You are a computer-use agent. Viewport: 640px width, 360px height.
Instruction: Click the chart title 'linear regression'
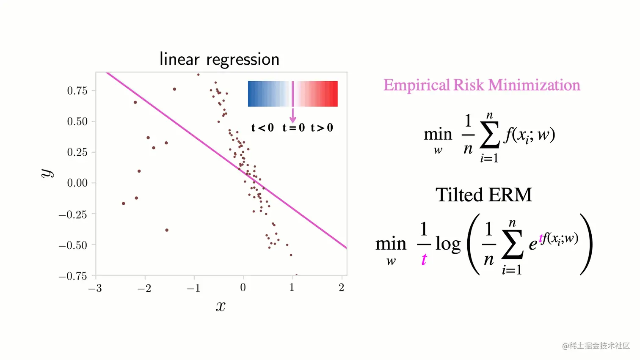pyautogui.click(x=219, y=59)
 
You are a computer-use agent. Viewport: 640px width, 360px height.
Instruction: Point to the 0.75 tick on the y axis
pyautogui.click(x=77, y=91)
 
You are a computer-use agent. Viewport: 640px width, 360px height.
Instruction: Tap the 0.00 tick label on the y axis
pyautogui.click(x=77, y=183)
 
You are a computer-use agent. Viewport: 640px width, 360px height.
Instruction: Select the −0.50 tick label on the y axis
pyautogui.click(x=73, y=245)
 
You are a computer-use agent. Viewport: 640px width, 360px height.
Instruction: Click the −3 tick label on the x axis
pyautogui.click(x=95, y=288)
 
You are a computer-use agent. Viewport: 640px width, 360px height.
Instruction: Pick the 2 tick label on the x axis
pyautogui.click(x=342, y=288)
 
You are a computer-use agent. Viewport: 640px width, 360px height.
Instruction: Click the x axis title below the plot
pyautogui.click(x=221, y=306)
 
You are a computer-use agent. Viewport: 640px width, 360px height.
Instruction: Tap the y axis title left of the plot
pyautogui.click(x=47, y=173)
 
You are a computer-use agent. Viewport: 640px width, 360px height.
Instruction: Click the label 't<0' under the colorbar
pyautogui.click(x=262, y=127)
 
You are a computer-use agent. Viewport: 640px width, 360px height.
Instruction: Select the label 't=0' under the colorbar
pyautogui.click(x=293, y=127)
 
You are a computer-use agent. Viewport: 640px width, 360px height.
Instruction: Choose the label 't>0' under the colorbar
pyautogui.click(x=322, y=127)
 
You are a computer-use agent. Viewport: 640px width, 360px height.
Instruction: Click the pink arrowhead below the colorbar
pyautogui.click(x=292, y=120)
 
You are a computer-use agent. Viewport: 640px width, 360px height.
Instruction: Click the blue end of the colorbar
pyautogui.click(x=253, y=93)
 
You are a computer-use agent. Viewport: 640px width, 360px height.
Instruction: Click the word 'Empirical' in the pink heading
pyautogui.click(x=417, y=85)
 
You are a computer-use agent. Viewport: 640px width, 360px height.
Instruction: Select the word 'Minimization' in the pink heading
pyautogui.click(x=534, y=85)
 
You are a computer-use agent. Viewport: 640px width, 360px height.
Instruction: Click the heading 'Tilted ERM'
pyautogui.click(x=483, y=195)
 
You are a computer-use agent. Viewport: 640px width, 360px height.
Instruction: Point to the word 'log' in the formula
pyautogui.click(x=448, y=244)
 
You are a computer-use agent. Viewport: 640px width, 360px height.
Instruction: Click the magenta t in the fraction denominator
pyautogui.click(x=424, y=259)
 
